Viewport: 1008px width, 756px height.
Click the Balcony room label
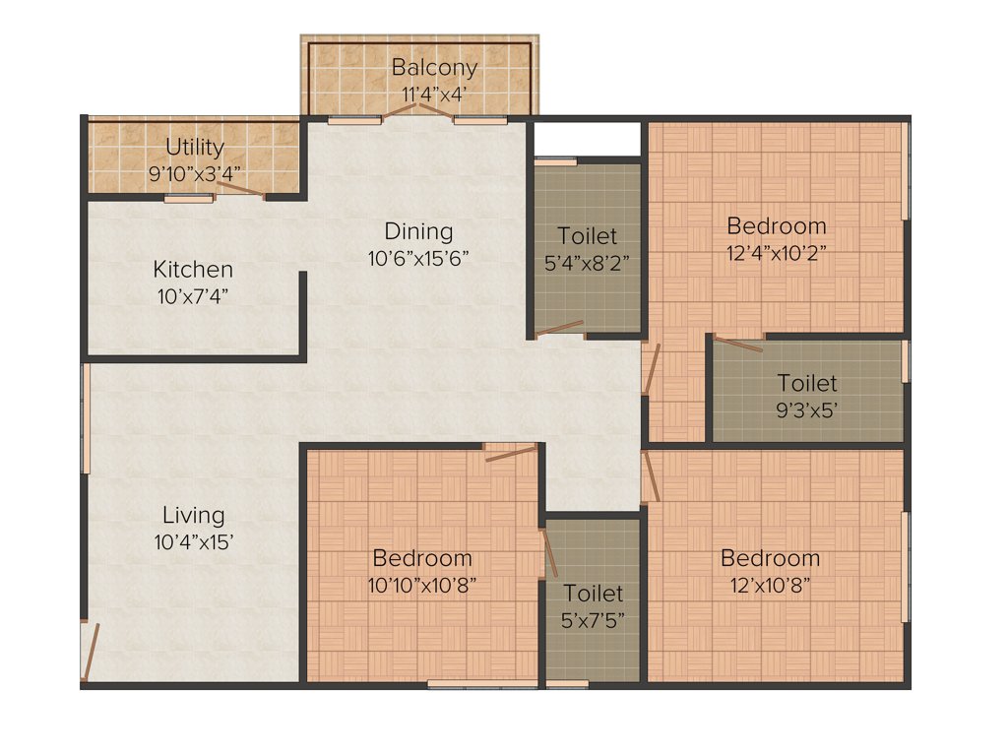pyautogui.click(x=434, y=68)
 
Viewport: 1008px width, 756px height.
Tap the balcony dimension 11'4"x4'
pyautogui.click(x=434, y=95)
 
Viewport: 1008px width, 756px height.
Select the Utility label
pyautogui.click(x=195, y=148)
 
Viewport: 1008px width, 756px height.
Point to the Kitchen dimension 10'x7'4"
pyautogui.click(x=192, y=296)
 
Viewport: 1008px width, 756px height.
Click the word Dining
pyautogui.click(x=418, y=231)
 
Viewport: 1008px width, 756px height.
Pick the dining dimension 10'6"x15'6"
pyautogui.click(x=418, y=259)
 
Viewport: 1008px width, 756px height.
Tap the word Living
pyautogui.click(x=193, y=515)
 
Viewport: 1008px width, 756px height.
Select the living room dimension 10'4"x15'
pyautogui.click(x=193, y=541)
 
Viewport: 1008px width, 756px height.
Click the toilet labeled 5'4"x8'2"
pyautogui.click(x=588, y=249)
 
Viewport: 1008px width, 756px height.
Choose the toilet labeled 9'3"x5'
pyautogui.click(x=807, y=396)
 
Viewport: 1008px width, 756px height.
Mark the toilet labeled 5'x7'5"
pyautogui.click(x=594, y=606)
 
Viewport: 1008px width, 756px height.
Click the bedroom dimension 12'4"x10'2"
pyautogui.click(x=776, y=252)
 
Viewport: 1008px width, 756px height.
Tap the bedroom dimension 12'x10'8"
pyautogui.click(x=770, y=585)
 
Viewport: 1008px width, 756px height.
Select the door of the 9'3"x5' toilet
pyautogui.click(x=738, y=345)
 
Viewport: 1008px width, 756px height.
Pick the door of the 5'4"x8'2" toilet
pyautogui.click(x=559, y=329)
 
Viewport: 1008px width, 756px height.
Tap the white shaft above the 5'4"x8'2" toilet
pyautogui.click(x=587, y=138)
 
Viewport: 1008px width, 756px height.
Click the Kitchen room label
pyautogui.click(x=193, y=269)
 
